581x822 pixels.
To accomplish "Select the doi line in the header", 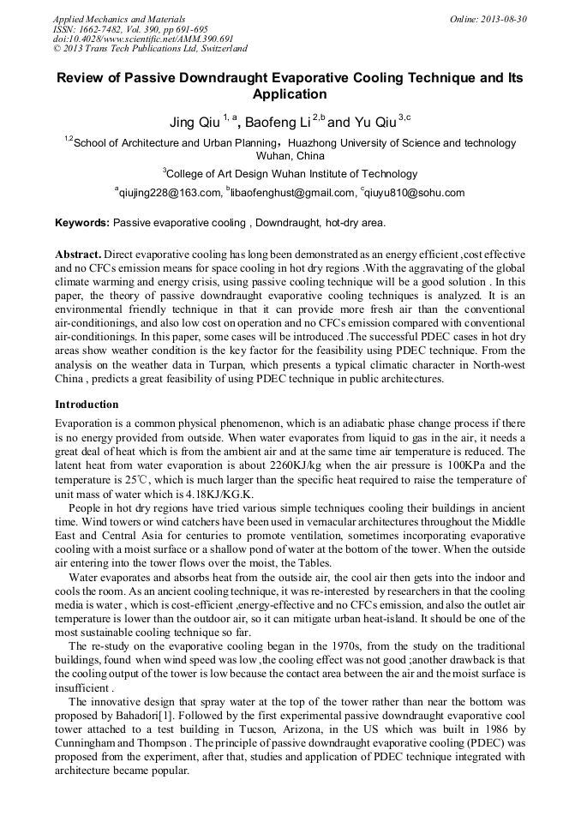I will pos(143,39).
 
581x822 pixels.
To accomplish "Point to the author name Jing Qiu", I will pos(195,123).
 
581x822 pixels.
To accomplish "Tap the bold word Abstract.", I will pos(78,255).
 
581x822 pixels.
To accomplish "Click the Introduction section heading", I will pos(87,404).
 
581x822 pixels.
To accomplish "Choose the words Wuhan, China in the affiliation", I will pos(290,156).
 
